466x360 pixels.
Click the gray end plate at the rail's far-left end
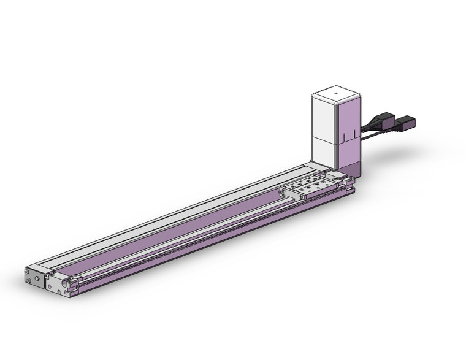pyautogui.click(x=35, y=278)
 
